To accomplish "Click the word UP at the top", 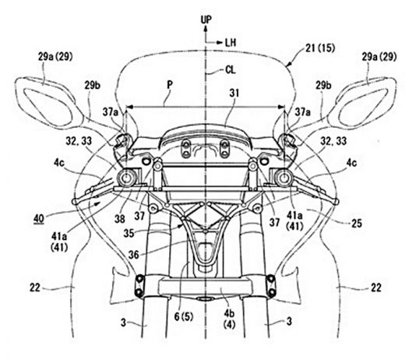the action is click(206, 19).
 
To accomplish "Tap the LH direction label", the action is click(231, 42).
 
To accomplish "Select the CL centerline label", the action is click(231, 70).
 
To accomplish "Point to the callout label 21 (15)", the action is click(320, 48).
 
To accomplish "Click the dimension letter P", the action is click(170, 85).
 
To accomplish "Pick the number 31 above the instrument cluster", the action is click(234, 93).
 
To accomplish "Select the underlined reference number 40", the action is click(39, 219).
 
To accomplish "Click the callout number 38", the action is click(120, 219).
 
